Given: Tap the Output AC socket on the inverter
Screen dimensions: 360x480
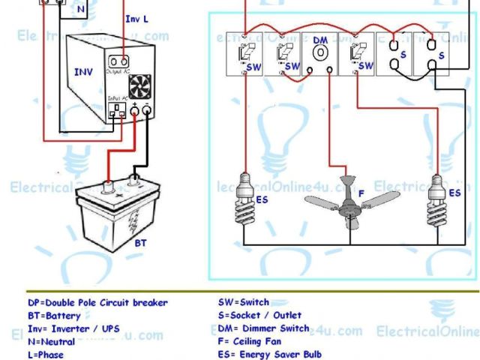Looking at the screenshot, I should (117, 62).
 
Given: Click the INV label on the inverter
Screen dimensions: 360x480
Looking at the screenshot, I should (84, 73).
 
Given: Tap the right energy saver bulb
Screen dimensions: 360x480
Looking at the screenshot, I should (437, 192).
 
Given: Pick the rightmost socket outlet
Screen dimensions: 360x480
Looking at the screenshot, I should (430, 55).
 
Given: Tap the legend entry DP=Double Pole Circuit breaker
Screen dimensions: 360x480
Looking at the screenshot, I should (97, 303).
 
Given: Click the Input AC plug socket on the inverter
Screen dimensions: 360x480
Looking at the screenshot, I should (116, 113).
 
